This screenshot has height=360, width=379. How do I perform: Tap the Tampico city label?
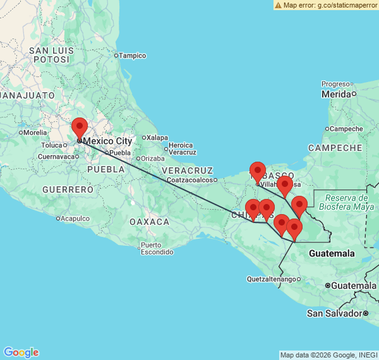click(133, 56)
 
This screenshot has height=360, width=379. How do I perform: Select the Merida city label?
click(336, 94)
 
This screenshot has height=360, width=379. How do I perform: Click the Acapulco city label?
click(79, 219)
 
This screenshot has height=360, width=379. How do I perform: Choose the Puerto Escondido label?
click(157, 249)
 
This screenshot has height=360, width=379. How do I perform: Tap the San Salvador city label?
click(335, 313)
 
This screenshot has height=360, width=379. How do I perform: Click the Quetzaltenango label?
click(270, 279)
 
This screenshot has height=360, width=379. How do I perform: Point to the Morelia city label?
click(35, 133)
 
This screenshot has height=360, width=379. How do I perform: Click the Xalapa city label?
click(157, 137)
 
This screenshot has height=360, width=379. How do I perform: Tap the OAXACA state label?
click(149, 222)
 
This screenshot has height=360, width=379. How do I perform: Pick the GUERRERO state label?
click(68, 189)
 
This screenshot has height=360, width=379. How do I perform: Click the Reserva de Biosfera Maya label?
click(343, 202)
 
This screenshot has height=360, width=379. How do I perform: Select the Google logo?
click(21, 352)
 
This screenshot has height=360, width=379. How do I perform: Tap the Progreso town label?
click(335, 84)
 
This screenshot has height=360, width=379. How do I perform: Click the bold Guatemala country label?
click(332, 253)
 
